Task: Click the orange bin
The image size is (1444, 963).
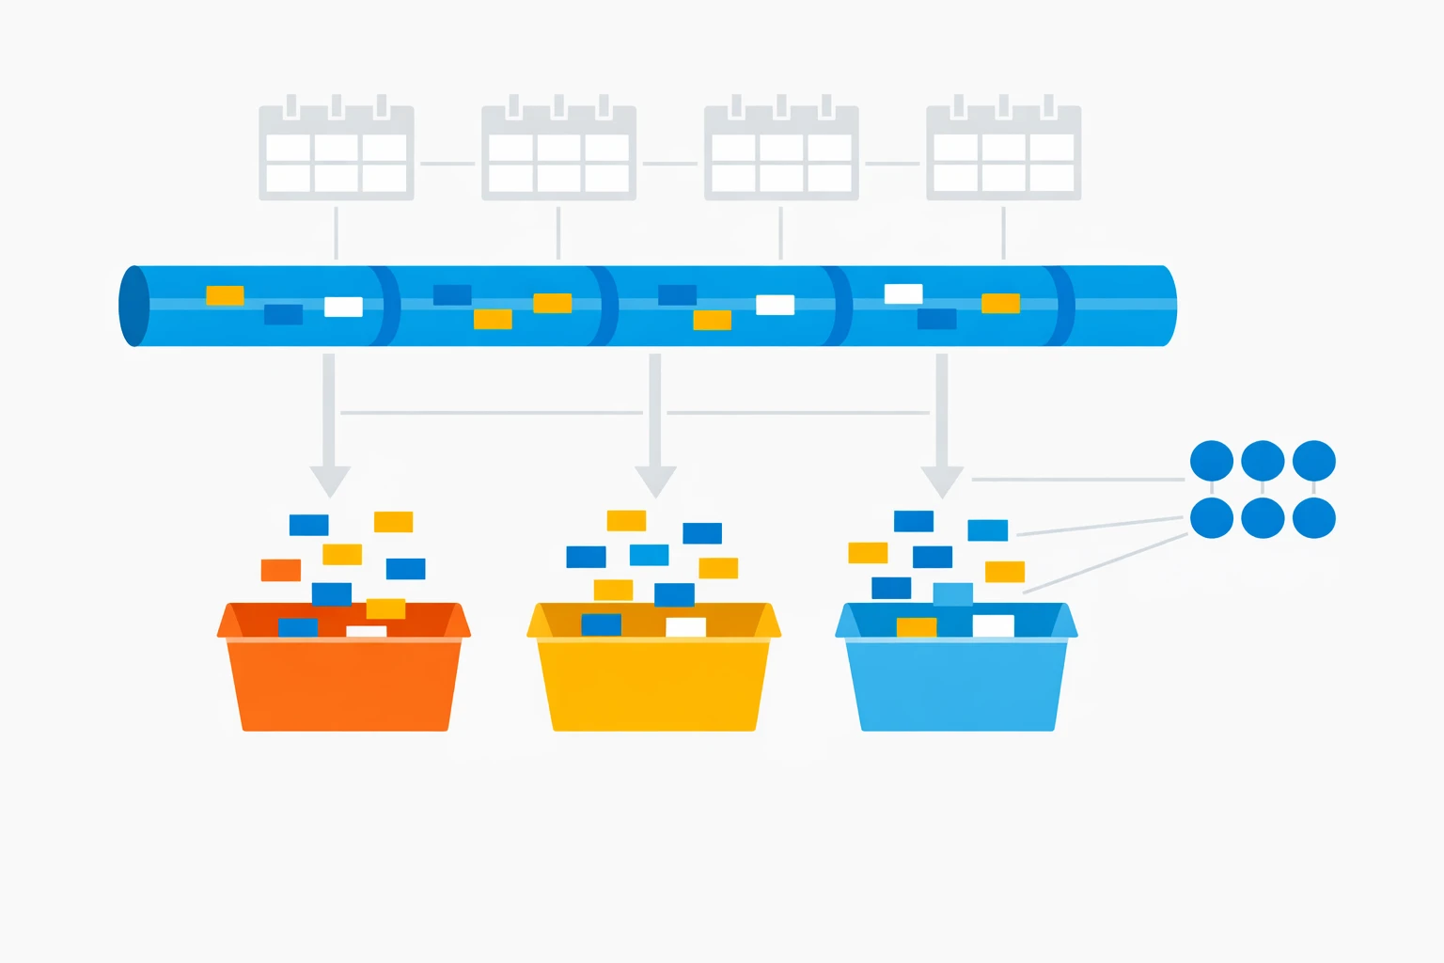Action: (344, 682)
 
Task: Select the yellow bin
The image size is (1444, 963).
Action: (653, 682)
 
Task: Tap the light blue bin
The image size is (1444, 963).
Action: (957, 682)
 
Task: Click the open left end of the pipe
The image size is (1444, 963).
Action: (133, 306)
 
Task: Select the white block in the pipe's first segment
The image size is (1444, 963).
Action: (343, 307)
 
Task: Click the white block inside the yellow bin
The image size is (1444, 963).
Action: (685, 627)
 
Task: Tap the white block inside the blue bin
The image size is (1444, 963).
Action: (993, 625)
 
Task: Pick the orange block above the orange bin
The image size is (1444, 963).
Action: (280, 570)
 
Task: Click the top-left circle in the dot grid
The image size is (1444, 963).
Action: (1211, 461)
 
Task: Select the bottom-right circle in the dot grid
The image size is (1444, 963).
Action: (1313, 518)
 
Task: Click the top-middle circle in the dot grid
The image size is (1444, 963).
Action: (1263, 461)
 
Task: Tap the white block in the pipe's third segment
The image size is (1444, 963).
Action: (775, 305)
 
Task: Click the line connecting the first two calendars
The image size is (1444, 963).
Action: (447, 164)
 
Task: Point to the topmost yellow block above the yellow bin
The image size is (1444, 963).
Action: (626, 520)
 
